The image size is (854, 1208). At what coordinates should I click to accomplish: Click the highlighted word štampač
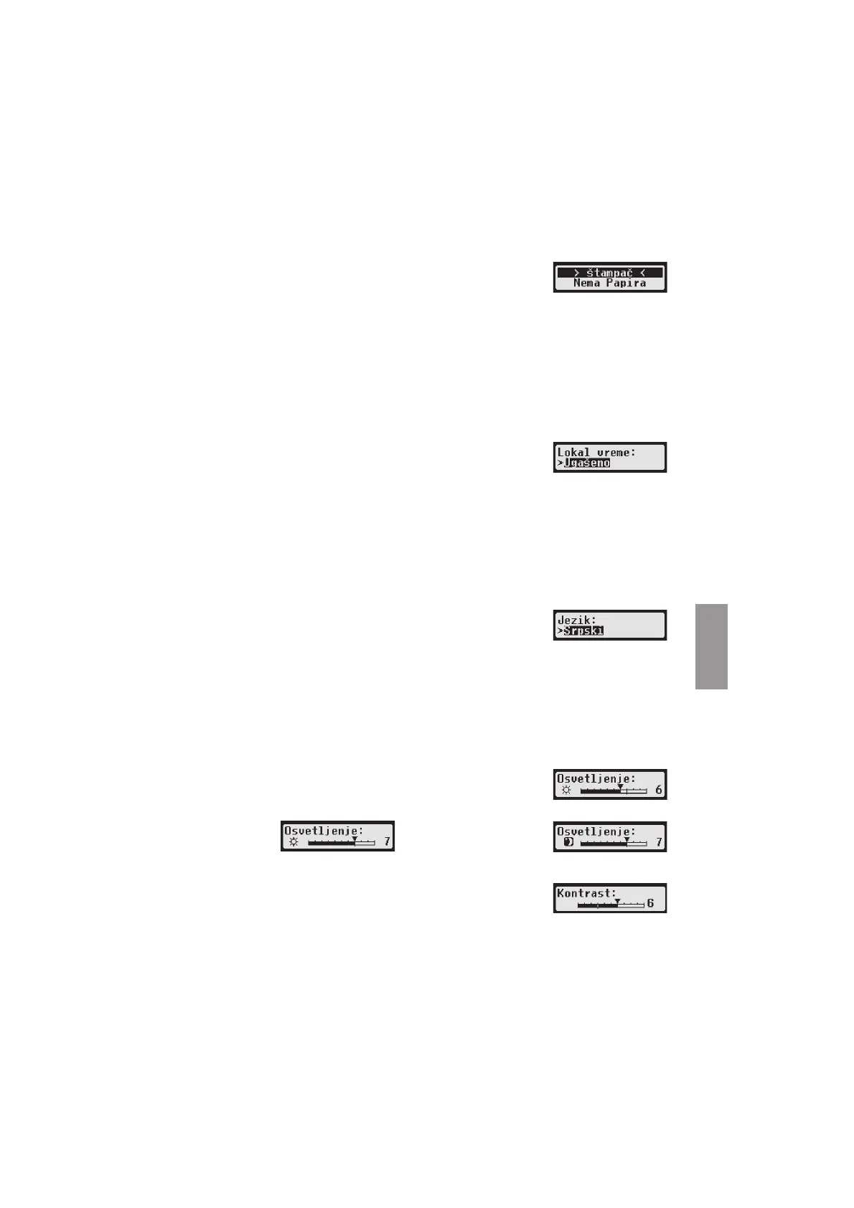[609, 273]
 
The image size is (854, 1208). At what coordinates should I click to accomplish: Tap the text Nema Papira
[609, 283]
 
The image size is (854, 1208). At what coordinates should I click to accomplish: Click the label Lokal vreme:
[596, 453]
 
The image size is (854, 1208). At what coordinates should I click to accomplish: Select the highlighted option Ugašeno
[587, 463]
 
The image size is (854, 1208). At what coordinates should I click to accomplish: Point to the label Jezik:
[577, 620]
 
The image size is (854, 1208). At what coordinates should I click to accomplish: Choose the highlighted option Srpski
[583, 631]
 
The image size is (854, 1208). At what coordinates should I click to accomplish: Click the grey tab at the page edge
[711, 646]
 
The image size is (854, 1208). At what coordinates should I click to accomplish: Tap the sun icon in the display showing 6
[566, 791]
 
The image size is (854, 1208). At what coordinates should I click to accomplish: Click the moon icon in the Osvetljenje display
[568, 842]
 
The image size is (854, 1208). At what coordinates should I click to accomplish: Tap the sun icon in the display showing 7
[294, 842]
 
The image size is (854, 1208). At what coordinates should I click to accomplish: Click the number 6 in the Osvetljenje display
[659, 791]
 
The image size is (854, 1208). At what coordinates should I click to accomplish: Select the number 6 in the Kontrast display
[650, 903]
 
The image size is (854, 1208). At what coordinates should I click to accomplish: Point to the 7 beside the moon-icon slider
[659, 842]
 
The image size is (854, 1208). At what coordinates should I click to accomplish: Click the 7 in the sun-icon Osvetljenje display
[387, 841]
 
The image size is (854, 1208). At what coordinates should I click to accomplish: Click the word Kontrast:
[586, 894]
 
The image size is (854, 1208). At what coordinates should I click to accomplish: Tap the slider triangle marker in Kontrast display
[617, 900]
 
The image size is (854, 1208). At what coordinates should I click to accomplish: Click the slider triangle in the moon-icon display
[627, 839]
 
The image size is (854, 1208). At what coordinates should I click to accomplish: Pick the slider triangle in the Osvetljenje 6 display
[620, 787]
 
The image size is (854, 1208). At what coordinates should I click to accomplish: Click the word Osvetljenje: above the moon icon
[596, 831]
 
